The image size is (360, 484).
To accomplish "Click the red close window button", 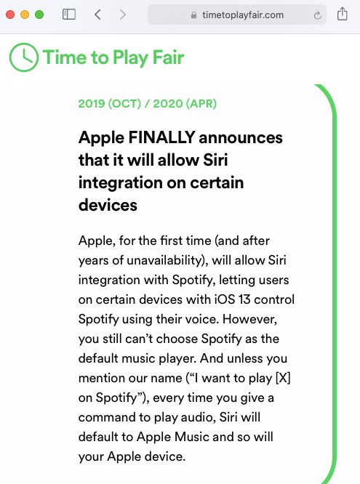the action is click(10, 15).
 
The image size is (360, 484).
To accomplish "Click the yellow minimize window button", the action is click(25, 15).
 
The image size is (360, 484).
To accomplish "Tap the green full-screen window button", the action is click(39, 15).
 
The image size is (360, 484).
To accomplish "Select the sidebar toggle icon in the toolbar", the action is click(69, 15).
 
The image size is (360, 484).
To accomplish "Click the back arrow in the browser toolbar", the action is click(97, 15).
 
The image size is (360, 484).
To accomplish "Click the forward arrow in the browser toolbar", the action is click(123, 15).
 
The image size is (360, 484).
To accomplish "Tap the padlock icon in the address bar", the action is click(193, 15).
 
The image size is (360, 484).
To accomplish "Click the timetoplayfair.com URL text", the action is click(243, 15).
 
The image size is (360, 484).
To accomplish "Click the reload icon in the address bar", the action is click(317, 15).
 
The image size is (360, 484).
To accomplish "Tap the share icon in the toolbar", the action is click(342, 14).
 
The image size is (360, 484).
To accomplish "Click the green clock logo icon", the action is click(24, 57).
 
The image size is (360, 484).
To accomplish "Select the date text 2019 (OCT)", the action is click(110, 103).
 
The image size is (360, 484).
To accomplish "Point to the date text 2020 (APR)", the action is click(185, 103).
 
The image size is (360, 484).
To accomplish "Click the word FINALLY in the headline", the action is click(161, 137).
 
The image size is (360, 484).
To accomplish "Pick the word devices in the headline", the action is click(108, 205).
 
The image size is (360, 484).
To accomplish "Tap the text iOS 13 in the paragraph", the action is click(233, 299).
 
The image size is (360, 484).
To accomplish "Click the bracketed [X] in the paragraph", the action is click(283, 378).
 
